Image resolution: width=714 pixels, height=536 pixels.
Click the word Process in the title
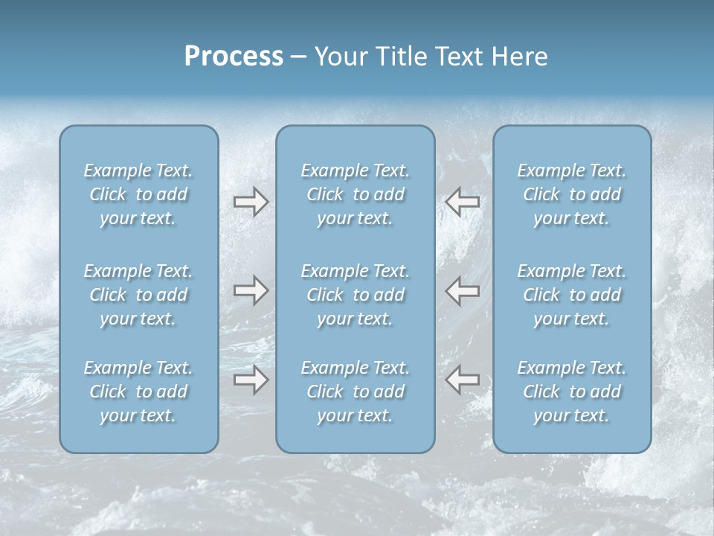[234, 57]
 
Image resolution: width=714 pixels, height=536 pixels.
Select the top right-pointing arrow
[251, 202]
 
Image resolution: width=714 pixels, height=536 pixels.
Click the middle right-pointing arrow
[251, 290]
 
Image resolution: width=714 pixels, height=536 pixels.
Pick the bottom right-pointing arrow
[251, 380]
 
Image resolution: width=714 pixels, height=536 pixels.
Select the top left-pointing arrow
[462, 202]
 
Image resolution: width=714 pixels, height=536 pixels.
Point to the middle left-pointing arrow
[462, 290]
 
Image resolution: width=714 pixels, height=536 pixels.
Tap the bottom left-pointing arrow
[462, 380]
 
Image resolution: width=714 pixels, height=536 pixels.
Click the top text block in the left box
[138, 194]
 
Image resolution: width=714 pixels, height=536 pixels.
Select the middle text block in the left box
[138, 295]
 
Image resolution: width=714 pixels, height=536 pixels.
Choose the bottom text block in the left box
[138, 392]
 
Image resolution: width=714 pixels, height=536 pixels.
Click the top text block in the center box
[356, 194]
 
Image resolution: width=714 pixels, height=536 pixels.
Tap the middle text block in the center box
[356, 295]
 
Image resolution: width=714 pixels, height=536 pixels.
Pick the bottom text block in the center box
[356, 392]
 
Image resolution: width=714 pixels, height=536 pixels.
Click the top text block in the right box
[572, 194]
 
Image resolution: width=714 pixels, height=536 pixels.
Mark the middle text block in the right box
[572, 295]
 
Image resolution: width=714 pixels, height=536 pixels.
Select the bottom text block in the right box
[572, 392]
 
